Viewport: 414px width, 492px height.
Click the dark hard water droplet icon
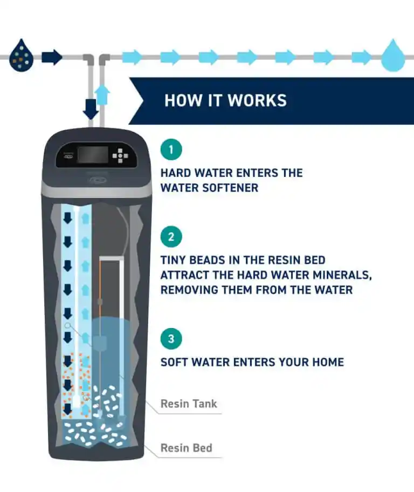click(x=21, y=56)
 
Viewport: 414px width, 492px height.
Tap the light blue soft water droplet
click(x=393, y=56)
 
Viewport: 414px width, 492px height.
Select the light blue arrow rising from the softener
click(x=102, y=95)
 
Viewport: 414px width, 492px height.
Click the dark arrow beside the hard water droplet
click(x=52, y=57)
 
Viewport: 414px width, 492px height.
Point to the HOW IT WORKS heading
click(x=225, y=100)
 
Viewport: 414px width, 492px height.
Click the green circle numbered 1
click(x=171, y=149)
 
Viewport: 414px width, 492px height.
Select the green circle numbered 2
click(x=171, y=237)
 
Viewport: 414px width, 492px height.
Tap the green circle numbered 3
click(x=171, y=339)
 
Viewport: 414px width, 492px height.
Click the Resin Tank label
click(x=189, y=404)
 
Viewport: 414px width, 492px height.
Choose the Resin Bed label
click(x=187, y=448)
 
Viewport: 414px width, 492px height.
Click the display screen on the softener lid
click(x=93, y=155)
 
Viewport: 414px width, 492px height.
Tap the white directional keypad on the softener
click(x=120, y=155)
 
